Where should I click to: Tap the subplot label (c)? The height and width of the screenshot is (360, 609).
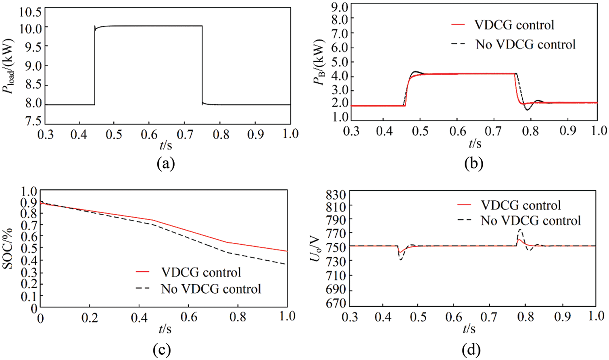[162, 350]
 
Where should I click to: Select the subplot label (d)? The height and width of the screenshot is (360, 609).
[471, 350]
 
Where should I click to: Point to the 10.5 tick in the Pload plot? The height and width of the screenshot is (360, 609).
[31, 12]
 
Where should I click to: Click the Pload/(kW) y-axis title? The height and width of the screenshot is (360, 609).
[9, 67]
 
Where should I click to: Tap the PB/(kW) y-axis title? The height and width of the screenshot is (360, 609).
[319, 63]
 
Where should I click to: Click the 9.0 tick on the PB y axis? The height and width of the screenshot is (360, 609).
[339, 7]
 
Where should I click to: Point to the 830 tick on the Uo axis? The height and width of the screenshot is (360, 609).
[336, 195]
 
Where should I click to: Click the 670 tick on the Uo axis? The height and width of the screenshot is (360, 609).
[336, 303]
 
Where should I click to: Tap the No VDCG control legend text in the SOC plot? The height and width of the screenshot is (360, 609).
[211, 289]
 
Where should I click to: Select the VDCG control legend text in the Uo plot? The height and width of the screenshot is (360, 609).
[521, 205]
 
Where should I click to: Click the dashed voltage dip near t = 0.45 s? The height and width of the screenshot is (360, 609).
[400, 259]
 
